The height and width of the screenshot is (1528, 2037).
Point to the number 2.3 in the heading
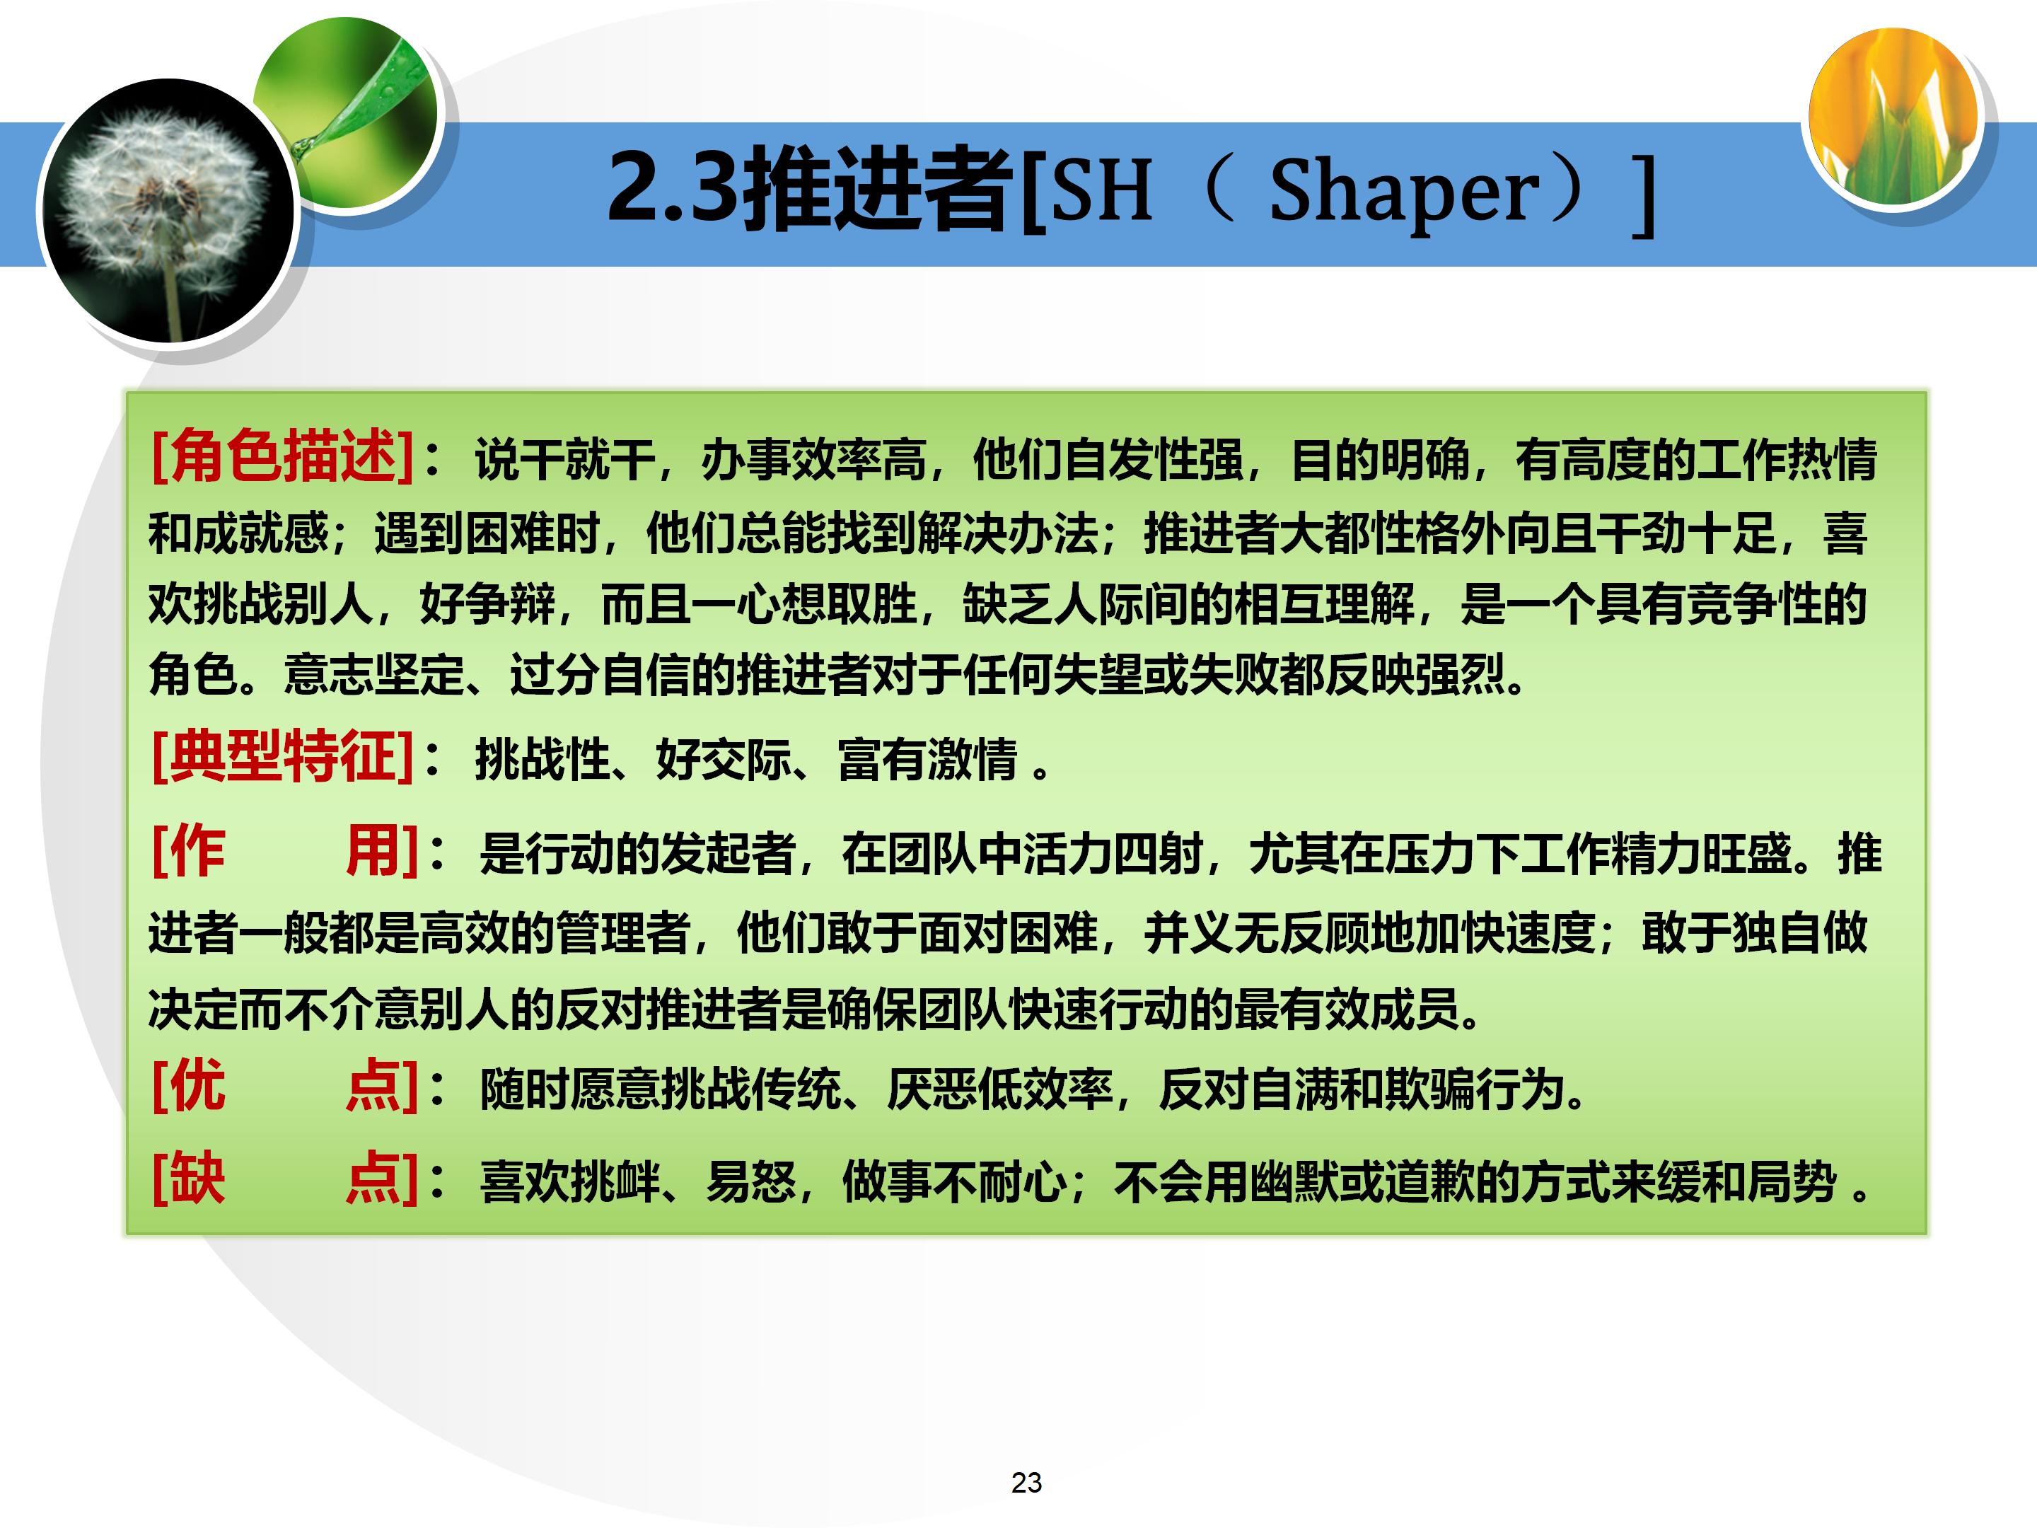pos(672,189)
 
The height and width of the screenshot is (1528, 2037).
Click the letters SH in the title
pos(1101,192)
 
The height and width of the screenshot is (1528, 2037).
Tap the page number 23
pos(1026,1482)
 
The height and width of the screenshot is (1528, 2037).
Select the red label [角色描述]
pos(282,456)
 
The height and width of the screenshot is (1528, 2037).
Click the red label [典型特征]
pos(282,757)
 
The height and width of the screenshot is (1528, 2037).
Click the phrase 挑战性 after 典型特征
pos(542,760)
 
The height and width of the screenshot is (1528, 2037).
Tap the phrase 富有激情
pos(927,760)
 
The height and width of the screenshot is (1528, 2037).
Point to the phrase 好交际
pos(722,760)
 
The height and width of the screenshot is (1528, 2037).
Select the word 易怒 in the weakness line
pos(750,1181)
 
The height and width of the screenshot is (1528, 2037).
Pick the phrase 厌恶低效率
pos(999,1089)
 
